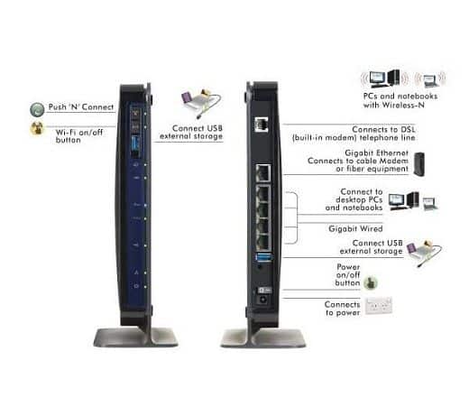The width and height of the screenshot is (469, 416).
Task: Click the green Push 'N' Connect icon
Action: tap(37, 109)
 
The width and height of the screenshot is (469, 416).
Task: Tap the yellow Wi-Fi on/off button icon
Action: tap(37, 128)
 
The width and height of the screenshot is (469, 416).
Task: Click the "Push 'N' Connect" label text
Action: tap(81, 106)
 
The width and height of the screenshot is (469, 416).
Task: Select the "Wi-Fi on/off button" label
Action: tap(79, 136)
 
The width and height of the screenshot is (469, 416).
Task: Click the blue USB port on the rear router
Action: tap(263, 257)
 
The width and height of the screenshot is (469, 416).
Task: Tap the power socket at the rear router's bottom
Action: tap(263, 300)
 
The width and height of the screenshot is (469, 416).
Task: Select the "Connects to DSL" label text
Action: tap(383, 129)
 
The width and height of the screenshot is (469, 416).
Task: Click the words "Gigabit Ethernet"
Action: tap(377, 153)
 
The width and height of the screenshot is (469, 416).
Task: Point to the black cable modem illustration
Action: tap(418, 164)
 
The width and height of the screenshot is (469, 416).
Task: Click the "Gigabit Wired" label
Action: tap(355, 228)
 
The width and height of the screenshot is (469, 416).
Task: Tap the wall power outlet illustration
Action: tap(379, 306)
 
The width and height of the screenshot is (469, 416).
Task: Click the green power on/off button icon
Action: tap(371, 282)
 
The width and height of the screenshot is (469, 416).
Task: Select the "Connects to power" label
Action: tap(343, 309)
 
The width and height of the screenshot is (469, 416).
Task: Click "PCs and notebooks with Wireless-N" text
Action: tap(400, 100)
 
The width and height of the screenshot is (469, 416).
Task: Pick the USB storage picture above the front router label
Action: tap(201, 103)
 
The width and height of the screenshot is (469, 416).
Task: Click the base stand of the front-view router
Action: tap(136, 337)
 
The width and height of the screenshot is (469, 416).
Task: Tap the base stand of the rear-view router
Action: tap(263, 337)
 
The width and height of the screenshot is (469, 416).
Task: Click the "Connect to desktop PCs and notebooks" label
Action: tap(354, 199)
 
